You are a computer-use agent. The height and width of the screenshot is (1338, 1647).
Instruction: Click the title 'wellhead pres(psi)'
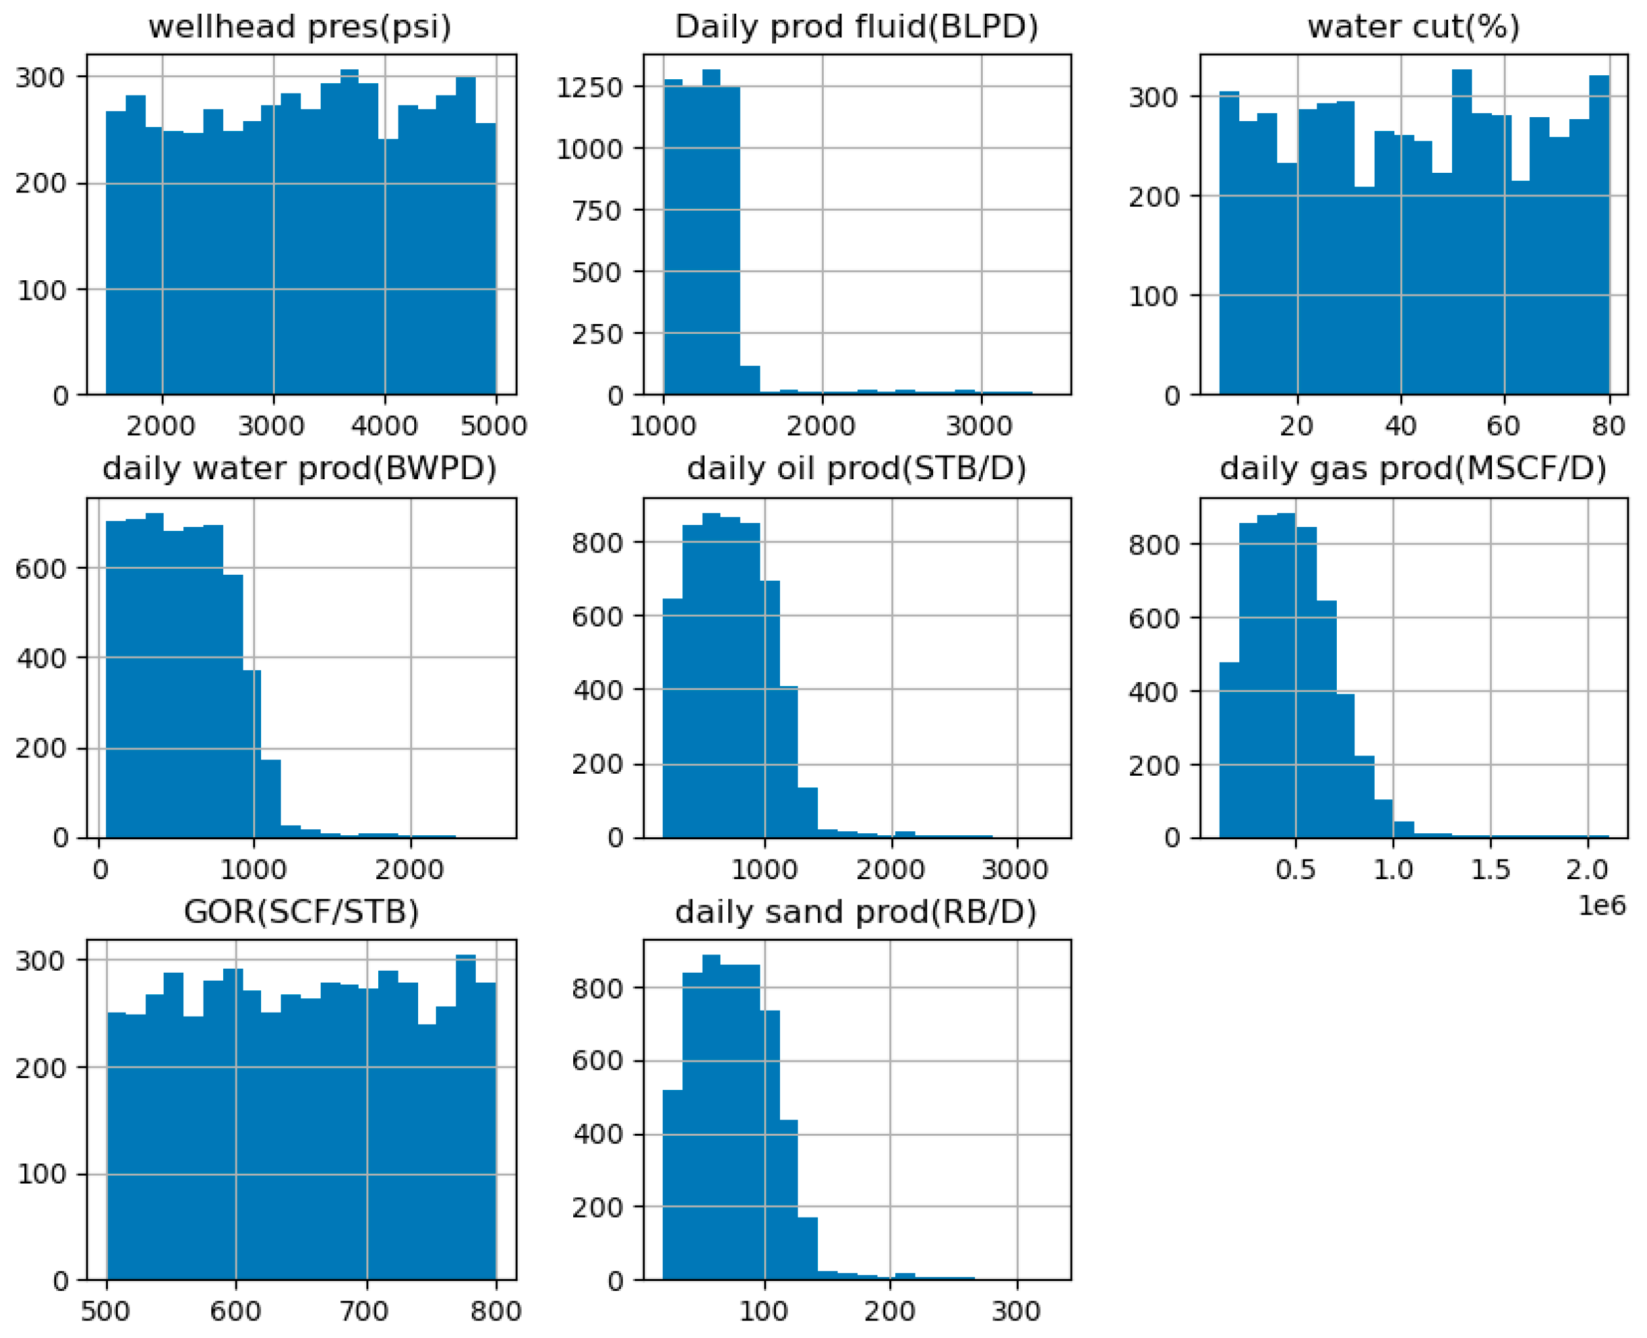point(300,27)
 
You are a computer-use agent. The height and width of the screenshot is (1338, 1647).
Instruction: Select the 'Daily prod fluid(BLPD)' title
point(857,27)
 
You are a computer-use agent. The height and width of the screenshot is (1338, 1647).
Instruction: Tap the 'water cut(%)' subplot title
point(1413,27)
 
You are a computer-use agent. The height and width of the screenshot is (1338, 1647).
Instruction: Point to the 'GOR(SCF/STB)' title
point(301,912)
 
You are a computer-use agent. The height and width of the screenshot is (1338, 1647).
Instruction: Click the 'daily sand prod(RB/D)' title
point(856,912)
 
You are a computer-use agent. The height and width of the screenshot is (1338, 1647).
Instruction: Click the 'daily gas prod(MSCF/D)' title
point(1413,469)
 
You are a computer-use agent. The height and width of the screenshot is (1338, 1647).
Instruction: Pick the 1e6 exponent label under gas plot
point(1602,905)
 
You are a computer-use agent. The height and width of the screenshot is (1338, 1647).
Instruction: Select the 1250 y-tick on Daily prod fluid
point(590,87)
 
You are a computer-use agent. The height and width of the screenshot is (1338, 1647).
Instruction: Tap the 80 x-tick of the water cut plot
point(1608,425)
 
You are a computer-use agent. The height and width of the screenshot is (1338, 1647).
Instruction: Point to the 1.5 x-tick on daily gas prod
point(1490,869)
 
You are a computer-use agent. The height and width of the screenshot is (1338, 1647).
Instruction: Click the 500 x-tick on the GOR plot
point(105,1311)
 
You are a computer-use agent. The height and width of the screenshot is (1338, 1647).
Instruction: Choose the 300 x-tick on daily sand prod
point(1016,1311)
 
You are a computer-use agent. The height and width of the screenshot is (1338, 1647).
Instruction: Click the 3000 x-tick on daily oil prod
point(1016,869)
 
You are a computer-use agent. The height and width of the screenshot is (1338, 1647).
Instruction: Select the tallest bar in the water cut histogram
point(1461,231)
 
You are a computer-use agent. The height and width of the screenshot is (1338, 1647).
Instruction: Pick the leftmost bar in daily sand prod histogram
point(673,1187)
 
